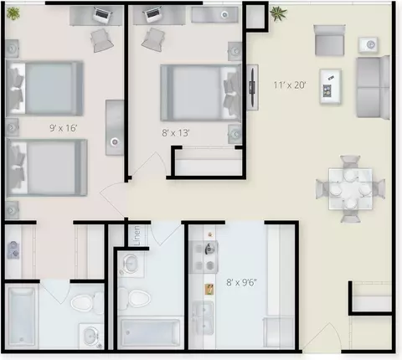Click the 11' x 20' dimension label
click(x=290, y=85)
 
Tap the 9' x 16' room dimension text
click(x=63, y=128)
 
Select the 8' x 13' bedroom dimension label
click(x=176, y=132)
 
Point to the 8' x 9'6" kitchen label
click(x=241, y=282)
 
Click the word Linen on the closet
click(x=137, y=235)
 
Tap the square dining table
click(x=350, y=188)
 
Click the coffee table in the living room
click(x=330, y=86)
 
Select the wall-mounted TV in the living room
click(x=252, y=87)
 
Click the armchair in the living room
click(x=329, y=40)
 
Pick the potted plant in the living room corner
click(x=278, y=13)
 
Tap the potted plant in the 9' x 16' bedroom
click(x=13, y=13)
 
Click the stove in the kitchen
click(x=204, y=257)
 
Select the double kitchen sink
click(x=203, y=318)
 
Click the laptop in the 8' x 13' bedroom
click(x=152, y=14)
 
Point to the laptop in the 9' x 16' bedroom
click(x=102, y=15)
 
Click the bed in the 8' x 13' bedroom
click(x=201, y=93)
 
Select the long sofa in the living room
click(x=373, y=87)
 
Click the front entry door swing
click(x=322, y=337)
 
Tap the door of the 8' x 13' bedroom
click(x=149, y=165)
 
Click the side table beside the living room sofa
click(x=368, y=44)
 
